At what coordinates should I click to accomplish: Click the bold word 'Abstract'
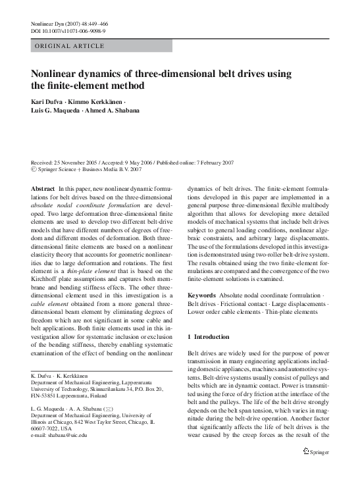43,189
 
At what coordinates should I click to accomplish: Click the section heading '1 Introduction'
209,336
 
